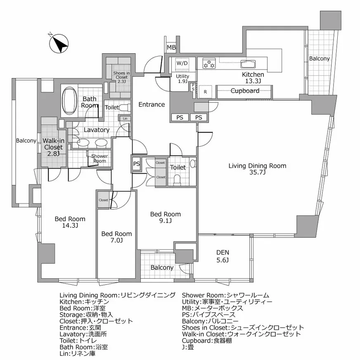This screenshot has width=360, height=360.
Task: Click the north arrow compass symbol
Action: [x=59, y=44]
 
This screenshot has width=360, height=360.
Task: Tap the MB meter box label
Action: [x=171, y=48]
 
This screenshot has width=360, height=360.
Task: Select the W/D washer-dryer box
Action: [x=182, y=64]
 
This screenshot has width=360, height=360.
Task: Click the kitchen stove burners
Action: [x=209, y=64]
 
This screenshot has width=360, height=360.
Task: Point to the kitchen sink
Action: [x=248, y=64]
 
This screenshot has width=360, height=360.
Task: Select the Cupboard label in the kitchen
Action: [x=244, y=91]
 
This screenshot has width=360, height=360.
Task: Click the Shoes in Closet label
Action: [x=121, y=77]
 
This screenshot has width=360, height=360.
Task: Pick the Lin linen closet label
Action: [x=125, y=119]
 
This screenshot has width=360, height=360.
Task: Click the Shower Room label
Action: [x=99, y=159]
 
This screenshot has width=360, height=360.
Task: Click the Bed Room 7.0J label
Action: [x=116, y=237]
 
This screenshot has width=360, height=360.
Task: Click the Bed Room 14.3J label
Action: [x=70, y=222]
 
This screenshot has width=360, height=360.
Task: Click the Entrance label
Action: [x=151, y=104]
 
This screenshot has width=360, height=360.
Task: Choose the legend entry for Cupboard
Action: [x=207, y=341]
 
